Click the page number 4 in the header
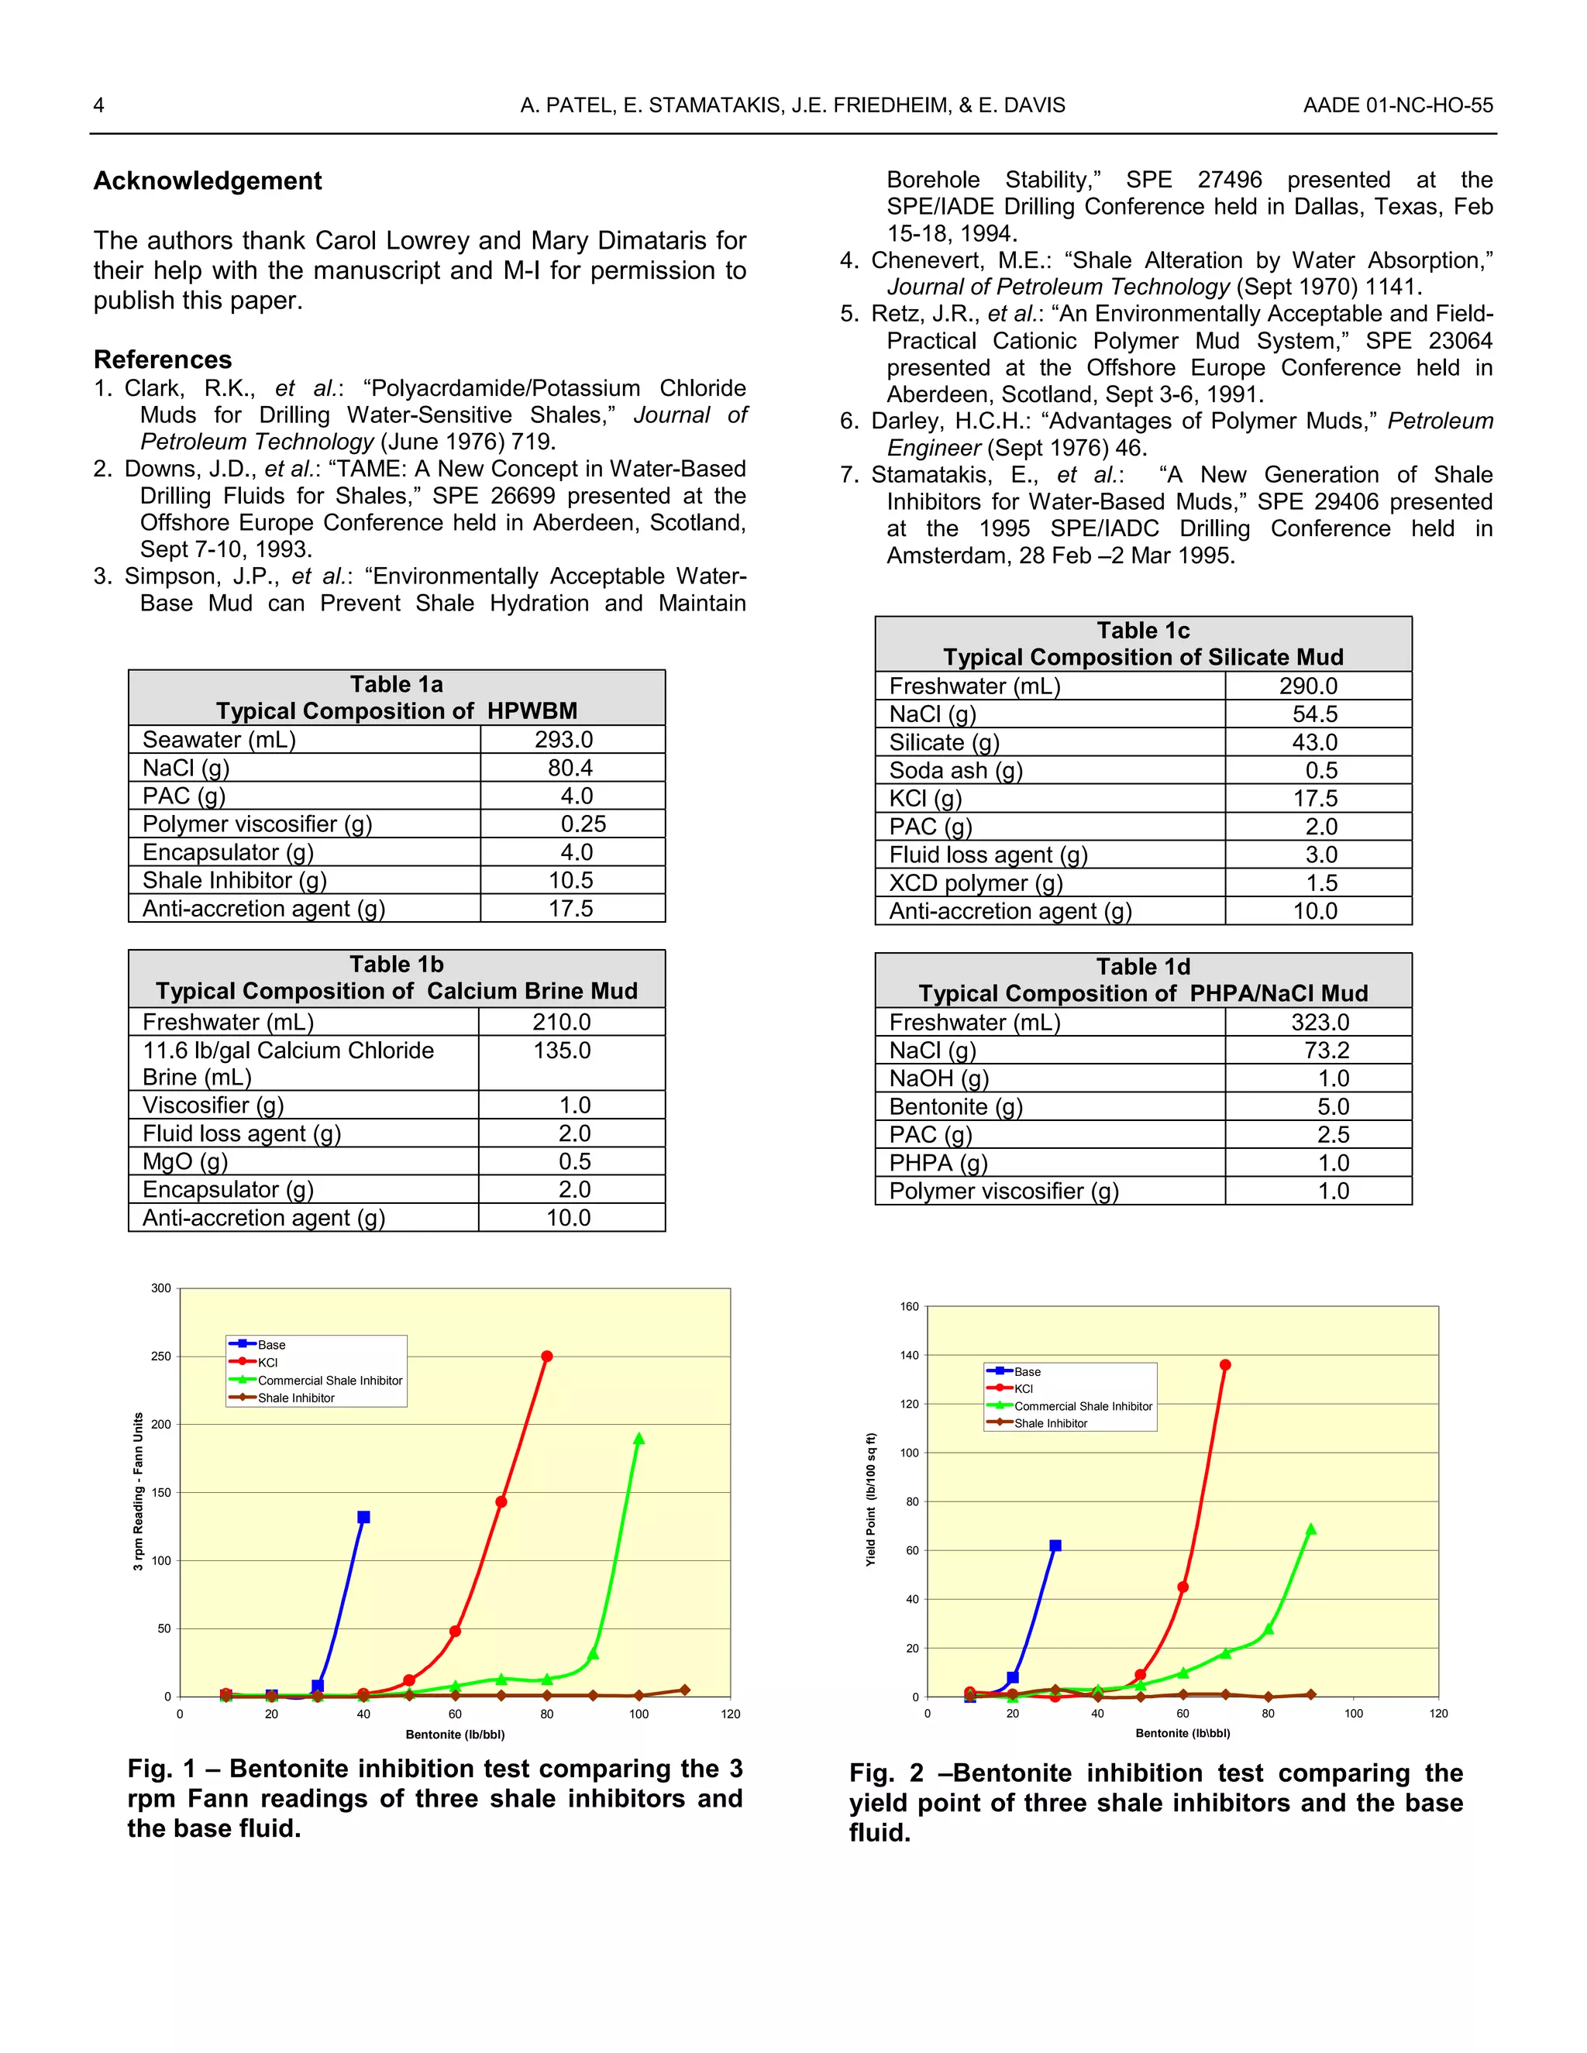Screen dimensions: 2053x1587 [98, 105]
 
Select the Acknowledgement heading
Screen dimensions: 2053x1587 [208, 181]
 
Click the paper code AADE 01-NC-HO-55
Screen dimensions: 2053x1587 [1397, 105]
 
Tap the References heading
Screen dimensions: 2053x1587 [163, 359]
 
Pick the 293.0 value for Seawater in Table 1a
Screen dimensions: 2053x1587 [564, 740]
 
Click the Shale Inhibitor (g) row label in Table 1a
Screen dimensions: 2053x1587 [234, 881]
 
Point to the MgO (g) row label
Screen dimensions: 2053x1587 [185, 1162]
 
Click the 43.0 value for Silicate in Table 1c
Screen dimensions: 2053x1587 [1314, 743]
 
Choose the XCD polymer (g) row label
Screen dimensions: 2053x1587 [976, 884]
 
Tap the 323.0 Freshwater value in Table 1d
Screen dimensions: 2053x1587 [1320, 1023]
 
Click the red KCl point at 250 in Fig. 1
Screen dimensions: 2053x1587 [547, 1357]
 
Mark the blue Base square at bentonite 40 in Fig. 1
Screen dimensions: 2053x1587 [364, 1517]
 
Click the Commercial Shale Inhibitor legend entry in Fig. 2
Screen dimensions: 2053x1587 [1082, 1406]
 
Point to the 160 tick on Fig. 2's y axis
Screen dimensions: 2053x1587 [909, 1307]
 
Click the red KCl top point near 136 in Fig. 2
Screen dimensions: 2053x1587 [1225, 1365]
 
